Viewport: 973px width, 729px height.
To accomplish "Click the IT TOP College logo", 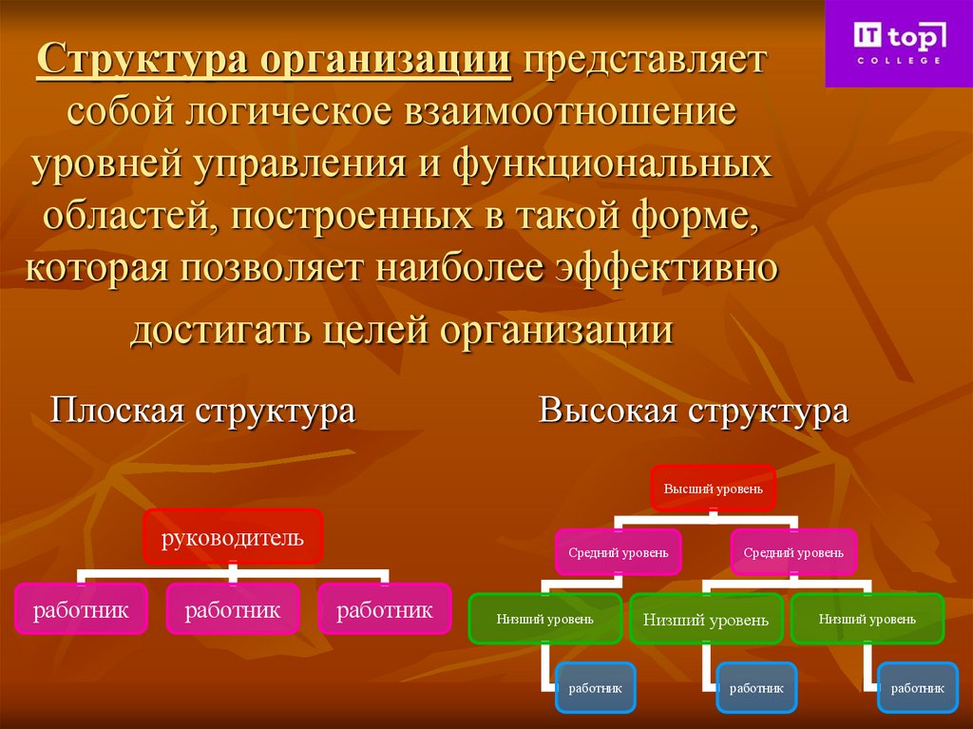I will tap(898, 43).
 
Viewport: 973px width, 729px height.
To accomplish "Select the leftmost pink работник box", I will tap(81, 609).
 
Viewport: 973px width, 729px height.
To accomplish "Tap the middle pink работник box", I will tap(233, 609).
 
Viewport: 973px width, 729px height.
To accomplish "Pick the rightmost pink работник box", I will tap(385, 609).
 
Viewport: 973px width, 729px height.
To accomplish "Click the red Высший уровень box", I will tap(713, 489).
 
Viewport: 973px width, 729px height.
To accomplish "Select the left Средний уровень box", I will tap(618, 551).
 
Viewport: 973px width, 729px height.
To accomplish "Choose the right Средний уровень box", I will tap(792, 551).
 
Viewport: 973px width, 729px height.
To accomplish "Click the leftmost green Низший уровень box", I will tap(544, 619).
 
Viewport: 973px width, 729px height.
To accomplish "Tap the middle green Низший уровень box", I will tap(706, 620).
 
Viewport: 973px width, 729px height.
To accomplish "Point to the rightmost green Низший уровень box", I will tap(867, 619).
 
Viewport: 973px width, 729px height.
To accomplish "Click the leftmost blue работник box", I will tap(596, 686).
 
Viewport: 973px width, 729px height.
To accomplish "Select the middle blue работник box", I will tap(756, 686).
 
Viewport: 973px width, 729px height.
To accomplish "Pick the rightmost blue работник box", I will tap(918, 686).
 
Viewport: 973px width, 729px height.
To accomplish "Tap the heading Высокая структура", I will tap(693, 411).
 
